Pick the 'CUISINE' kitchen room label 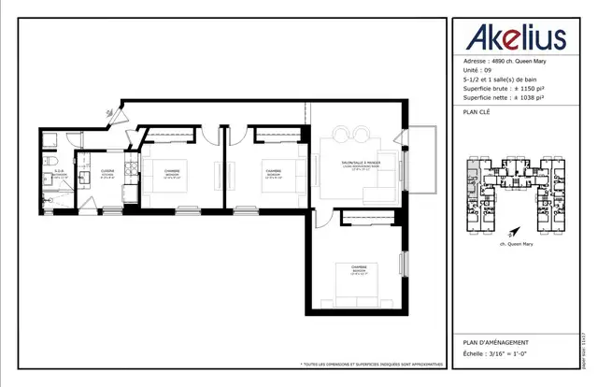tap(108, 171)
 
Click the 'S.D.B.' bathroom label tap(58, 170)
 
